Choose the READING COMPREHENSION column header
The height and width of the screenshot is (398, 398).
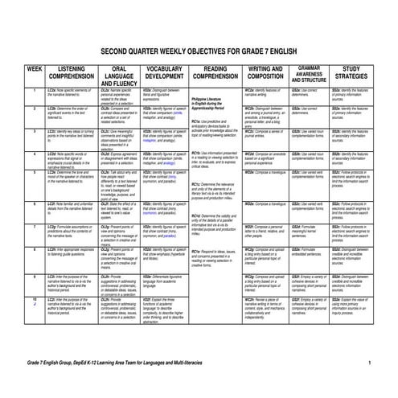pyautogui.click(x=215, y=73)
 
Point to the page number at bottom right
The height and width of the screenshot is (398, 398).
pyautogui.click(x=369, y=364)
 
